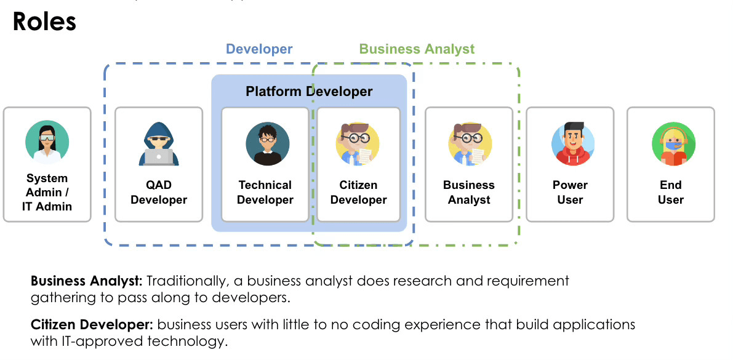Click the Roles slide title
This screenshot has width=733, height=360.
44,22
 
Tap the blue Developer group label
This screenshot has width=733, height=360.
259,49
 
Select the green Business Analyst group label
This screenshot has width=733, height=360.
417,49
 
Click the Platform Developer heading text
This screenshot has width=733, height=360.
309,92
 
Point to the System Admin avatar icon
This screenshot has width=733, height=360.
47,143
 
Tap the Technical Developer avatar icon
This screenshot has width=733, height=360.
267,144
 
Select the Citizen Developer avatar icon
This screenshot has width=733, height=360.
357,144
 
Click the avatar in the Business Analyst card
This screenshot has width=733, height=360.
470,144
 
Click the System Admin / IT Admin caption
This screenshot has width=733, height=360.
47,192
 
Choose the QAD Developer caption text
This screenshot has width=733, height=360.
159,192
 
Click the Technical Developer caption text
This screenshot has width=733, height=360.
265,192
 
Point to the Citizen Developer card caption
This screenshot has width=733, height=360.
358,192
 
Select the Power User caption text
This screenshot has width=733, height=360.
570,192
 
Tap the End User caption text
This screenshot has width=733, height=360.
670,192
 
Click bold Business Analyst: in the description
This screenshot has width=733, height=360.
87,281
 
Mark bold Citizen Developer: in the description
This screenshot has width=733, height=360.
92,324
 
